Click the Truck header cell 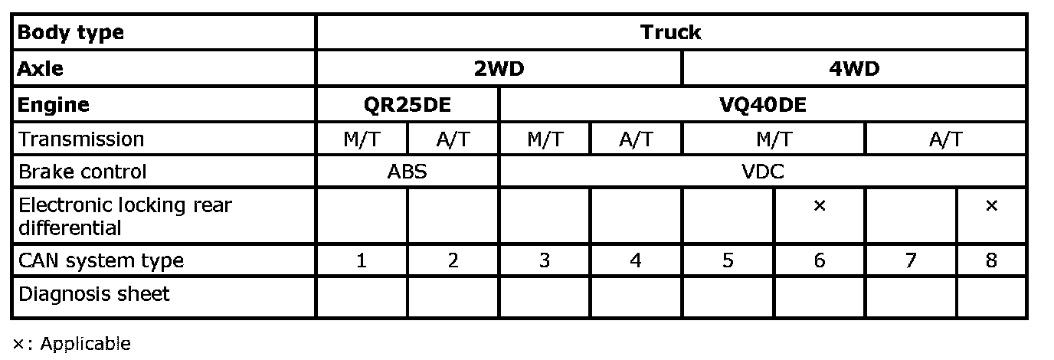click(x=671, y=32)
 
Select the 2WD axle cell click(x=499, y=69)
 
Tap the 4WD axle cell click(x=854, y=69)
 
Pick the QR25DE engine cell click(x=407, y=104)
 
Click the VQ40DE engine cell click(x=763, y=104)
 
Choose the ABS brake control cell click(x=407, y=172)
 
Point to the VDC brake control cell click(x=763, y=172)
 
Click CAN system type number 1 click(x=362, y=260)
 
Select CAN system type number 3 click(x=545, y=260)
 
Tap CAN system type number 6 click(x=819, y=260)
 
